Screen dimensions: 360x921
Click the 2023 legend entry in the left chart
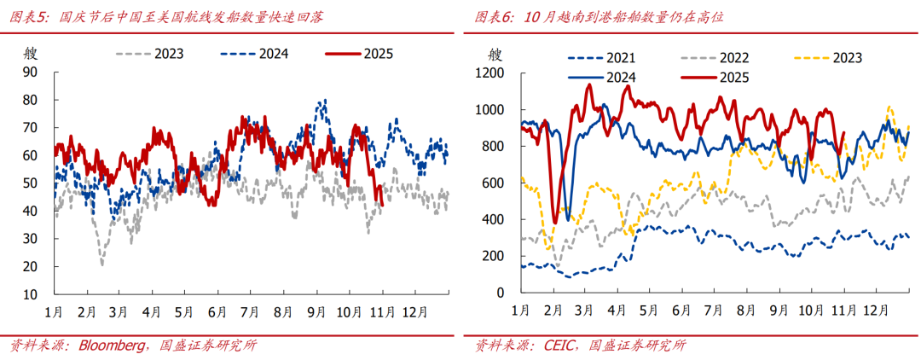pos(168,53)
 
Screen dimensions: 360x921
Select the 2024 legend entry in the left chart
pos(273,53)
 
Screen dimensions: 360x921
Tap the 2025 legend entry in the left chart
pos(378,53)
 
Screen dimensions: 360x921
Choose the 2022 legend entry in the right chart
pos(734,58)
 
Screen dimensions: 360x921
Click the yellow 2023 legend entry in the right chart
pos(848,58)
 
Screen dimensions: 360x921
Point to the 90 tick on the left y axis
pos(31,73)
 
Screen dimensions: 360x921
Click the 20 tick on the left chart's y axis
pos(31,267)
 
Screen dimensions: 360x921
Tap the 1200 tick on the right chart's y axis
pos(489,74)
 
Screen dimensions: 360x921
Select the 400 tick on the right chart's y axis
pos(492,219)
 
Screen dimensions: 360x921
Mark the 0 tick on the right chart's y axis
pos(501,293)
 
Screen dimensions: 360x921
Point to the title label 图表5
pos(29,16)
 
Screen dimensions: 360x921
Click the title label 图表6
pos(493,16)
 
